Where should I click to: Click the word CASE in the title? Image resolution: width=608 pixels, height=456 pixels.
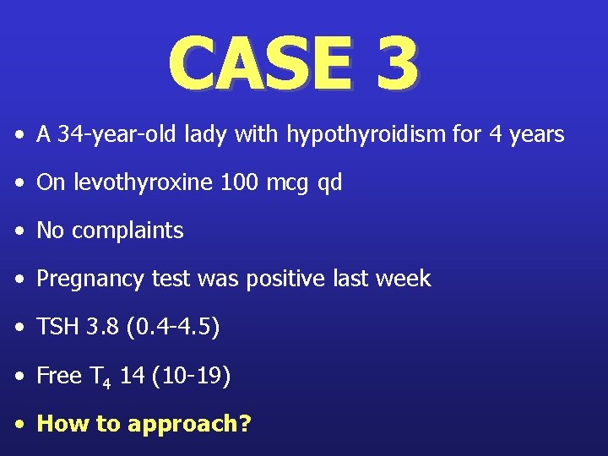(x=258, y=64)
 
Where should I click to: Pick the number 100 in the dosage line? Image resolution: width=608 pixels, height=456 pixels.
(x=238, y=182)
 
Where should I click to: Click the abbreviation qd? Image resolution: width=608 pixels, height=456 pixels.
(x=329, y=183)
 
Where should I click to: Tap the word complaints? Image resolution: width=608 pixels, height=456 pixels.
(x=128, y=231)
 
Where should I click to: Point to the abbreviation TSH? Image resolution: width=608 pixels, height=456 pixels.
(x=58, y=327)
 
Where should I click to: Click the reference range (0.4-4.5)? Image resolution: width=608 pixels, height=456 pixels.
(x=172, y=327)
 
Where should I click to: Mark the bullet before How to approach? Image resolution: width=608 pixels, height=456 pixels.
(x=19, y=423)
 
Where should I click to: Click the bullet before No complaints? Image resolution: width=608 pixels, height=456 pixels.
(x=19, y=231)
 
